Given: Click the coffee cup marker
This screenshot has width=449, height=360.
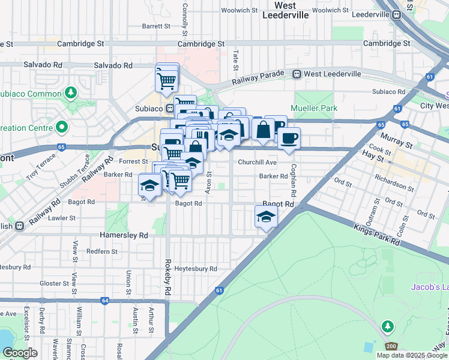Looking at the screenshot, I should [x=289, y=138].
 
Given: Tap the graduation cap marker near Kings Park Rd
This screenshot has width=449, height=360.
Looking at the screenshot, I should [x=266, y=217].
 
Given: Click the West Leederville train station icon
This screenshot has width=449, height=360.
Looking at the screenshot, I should [x=297, y=74].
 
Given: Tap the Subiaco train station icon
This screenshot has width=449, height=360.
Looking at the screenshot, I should [x=170, y=109].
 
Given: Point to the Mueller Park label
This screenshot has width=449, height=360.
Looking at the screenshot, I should [x=314, y=108].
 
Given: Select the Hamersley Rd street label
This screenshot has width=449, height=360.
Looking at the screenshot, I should [x=124, y=236].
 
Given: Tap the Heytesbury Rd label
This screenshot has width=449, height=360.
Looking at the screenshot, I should [x=196, y=269].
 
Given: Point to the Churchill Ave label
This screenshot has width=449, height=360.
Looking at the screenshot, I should [x=257, y=163].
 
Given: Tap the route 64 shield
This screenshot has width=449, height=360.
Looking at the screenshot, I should [x=105, y=301].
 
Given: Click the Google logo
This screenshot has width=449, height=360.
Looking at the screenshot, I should [x=20, y=352].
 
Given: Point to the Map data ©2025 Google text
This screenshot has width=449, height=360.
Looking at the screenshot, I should [x=411, y=355].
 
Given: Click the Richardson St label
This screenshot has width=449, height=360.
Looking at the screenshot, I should [x=394, y=184].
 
